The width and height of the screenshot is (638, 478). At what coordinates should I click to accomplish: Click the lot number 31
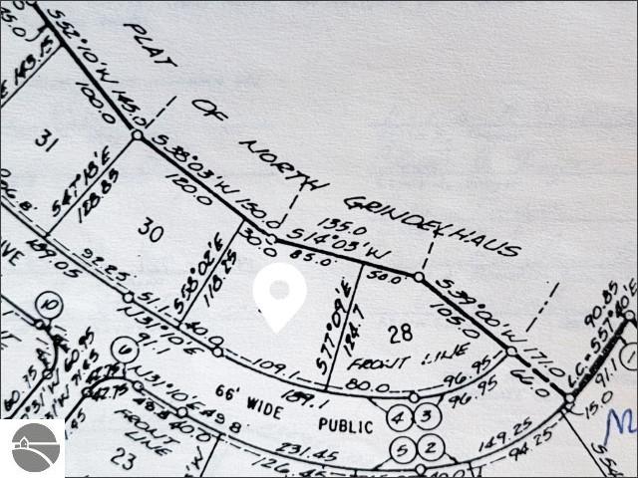[x=43, y=141]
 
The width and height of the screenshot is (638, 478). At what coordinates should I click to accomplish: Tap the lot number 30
[x=151, y=233]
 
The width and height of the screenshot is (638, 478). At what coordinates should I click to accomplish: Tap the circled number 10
[x=52, y=303]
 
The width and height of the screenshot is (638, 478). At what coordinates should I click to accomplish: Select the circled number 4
[x=398, y=415]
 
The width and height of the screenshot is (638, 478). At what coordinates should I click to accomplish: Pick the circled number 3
[x=425, y=415]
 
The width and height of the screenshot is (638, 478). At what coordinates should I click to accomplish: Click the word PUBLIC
[x=346, y=425]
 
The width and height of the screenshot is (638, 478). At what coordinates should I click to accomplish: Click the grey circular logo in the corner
[x=33, y=448]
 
